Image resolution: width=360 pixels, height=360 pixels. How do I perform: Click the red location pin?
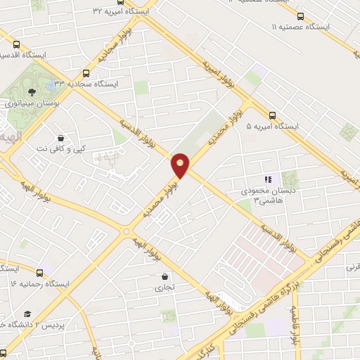pos(181,165)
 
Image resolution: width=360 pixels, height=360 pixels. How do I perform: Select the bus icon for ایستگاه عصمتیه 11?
pos(301,16)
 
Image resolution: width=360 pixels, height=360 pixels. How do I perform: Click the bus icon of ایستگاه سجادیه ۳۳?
pos(86,73)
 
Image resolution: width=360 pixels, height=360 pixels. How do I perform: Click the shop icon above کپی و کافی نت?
pos(60,138)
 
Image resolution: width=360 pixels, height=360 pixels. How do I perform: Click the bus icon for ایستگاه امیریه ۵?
pos(272,115)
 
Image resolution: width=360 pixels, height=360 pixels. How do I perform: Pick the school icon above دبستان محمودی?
pos(267,180)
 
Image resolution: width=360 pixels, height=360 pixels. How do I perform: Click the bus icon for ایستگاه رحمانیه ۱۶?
pos(39,272)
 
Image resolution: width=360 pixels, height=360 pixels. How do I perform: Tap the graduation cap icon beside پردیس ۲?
pos(27,314)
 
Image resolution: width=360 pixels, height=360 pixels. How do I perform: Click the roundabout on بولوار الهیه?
pos(127,231)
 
